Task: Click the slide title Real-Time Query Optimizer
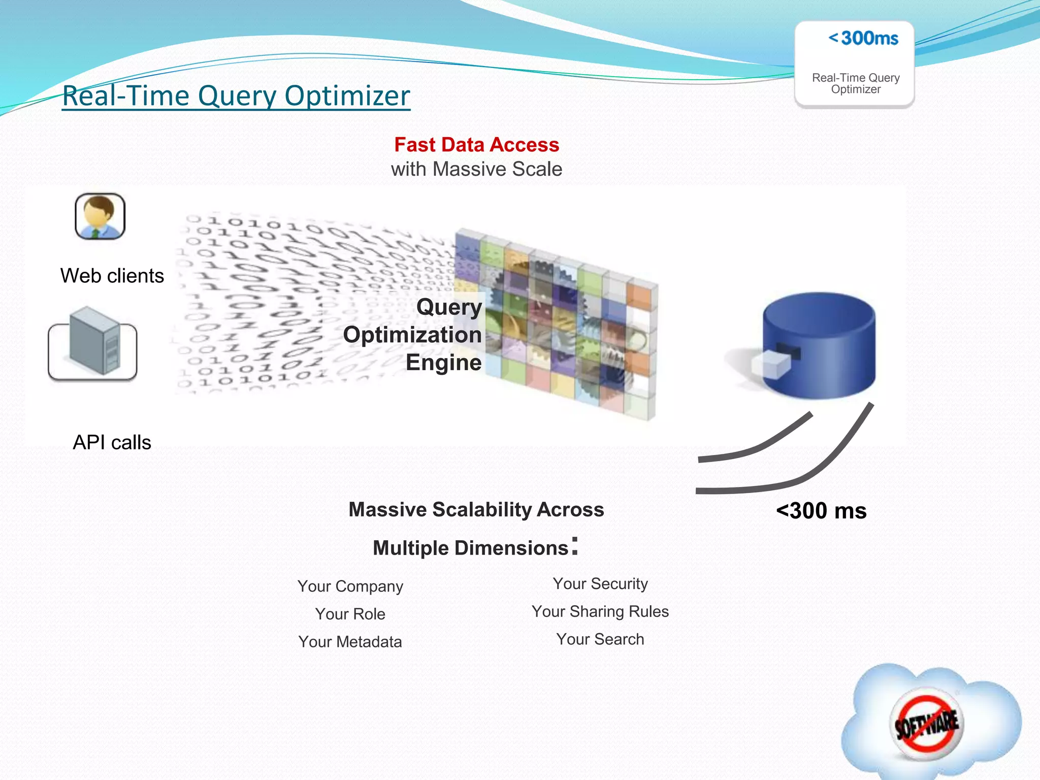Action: point(236,95)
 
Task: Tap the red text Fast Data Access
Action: point(476,145)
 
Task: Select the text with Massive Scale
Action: point(476,169)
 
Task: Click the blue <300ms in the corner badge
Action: point(863,38)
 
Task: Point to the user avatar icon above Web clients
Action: point(100,216)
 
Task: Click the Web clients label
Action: point(112,276)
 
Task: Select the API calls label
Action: point(112,442)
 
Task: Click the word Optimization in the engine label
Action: point(412,335)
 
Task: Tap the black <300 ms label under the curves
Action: point(821,511)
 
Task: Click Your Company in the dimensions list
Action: point(350,586)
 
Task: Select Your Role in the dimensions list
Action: point(350,614)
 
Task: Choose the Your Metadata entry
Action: point(350,642)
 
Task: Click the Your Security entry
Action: point(600,583)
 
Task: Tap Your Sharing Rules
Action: point(600,611)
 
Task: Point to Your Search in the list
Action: point(600,639)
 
